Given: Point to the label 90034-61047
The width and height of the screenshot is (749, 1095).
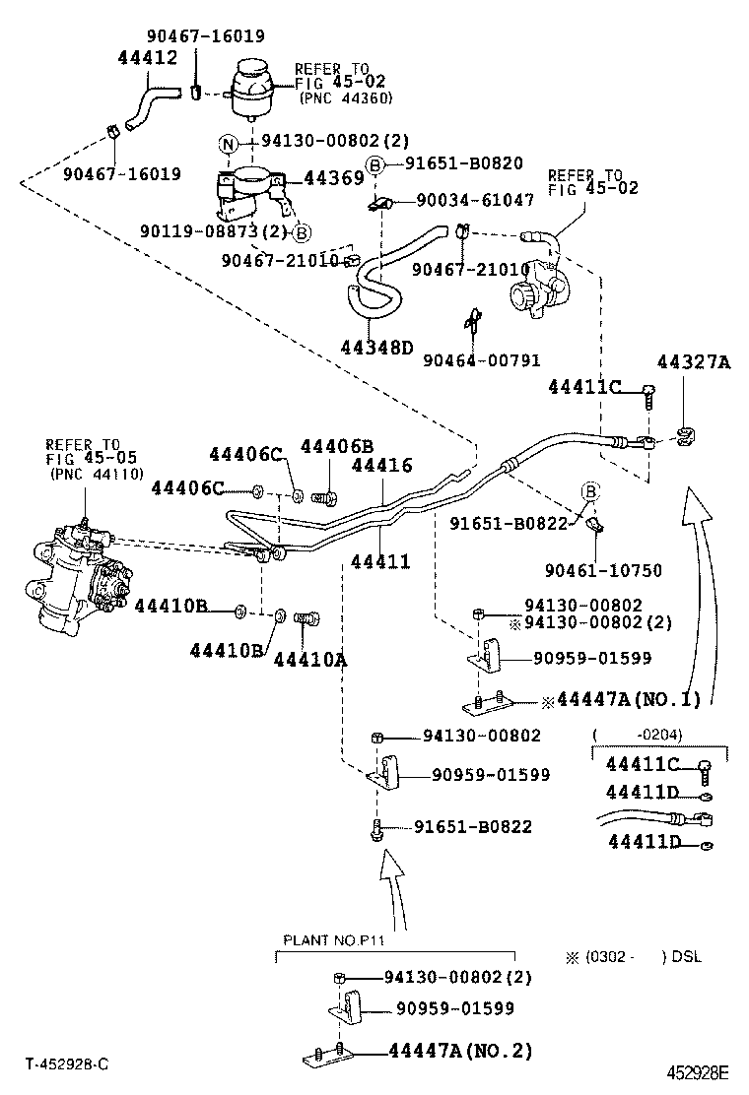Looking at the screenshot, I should pos(475,200).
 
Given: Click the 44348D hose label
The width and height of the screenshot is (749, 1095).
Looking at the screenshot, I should pos(378,348).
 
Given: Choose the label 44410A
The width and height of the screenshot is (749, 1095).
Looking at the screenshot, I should pos(309,659).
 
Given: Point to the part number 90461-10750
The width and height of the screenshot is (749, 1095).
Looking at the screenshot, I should pos(603,570).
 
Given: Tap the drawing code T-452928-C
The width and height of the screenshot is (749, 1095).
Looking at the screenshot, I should pos(67,1065).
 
